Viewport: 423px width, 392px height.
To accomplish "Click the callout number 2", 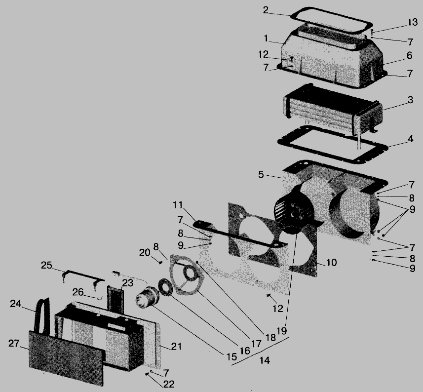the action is [266, 10].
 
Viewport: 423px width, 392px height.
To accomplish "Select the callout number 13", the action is [412, 22].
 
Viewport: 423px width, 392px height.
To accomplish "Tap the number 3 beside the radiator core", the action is [410, 100].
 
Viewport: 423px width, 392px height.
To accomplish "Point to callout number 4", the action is [410, 139].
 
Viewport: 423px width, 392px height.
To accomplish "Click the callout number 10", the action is [331, 262].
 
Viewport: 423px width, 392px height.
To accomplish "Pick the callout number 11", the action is [178, 205].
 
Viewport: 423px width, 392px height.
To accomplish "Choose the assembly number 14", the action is [265, 360].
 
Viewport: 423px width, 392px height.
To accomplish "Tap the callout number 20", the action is [145, 253].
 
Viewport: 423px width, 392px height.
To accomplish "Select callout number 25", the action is [46, 265].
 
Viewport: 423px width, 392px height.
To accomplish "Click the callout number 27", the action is [14, 343].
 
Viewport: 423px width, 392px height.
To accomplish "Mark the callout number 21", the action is [176, 347].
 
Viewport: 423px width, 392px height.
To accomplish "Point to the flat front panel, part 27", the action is [66, 358].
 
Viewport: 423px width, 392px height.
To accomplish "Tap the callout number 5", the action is [261, 175].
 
